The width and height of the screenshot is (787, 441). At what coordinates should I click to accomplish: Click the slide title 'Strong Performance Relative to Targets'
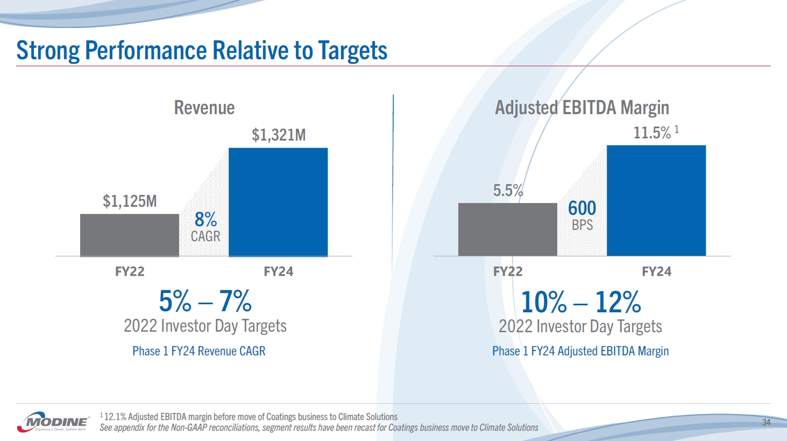click(x=202, y=51)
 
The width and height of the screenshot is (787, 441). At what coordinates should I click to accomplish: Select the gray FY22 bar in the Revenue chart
click(x=130, y=235)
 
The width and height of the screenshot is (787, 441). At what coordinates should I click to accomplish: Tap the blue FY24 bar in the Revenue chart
click(x=278, y=202)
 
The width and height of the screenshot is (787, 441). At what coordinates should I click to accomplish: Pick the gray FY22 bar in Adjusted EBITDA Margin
click(x=507, y=229)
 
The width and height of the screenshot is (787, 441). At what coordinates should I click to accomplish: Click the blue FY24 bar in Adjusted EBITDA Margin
click(x=656, y=200)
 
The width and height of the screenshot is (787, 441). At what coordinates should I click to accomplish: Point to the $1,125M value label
click(x=130, y=201)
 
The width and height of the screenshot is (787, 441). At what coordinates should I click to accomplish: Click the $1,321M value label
click(x=279, y=135)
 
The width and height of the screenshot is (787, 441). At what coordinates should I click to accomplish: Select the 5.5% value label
click(x=508, y=191)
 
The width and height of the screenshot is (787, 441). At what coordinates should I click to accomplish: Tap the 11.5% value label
click(x=652, y=132)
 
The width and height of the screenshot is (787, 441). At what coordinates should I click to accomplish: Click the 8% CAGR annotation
click(x=205, y=227)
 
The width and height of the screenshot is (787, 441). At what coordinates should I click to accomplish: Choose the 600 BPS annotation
click(x=582, y=215)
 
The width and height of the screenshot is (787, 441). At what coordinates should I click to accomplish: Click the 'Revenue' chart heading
click(x=204, y=108)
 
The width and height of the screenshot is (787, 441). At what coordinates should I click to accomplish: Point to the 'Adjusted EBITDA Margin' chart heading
click(x=582, y=108)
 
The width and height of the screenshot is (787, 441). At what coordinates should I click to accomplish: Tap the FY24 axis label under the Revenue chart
click(x=278, y=271)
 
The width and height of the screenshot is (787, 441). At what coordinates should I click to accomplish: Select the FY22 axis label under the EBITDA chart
click(x=508, y=271)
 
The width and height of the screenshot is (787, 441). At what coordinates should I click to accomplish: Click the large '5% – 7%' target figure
click(x=205, y=301)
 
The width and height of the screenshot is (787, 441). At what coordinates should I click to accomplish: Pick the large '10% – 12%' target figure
click(x=581, y=302)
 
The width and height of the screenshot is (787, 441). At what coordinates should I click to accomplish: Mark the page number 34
click(x=766, y=423)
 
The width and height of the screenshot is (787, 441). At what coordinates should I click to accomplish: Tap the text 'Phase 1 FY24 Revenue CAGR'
click(x=199, y=351)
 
